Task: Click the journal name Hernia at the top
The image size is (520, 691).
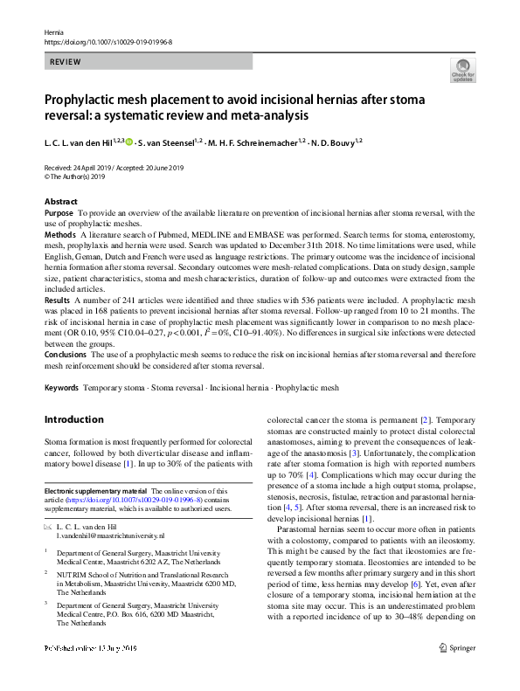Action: [x=53, y=31]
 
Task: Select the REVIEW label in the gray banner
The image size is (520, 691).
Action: [x=66, y=62]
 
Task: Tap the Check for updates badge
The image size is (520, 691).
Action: [x=462, y=71]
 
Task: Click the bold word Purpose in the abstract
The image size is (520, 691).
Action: [x=59, y=213]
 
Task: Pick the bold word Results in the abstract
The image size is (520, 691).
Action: [x=58, y=299]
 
